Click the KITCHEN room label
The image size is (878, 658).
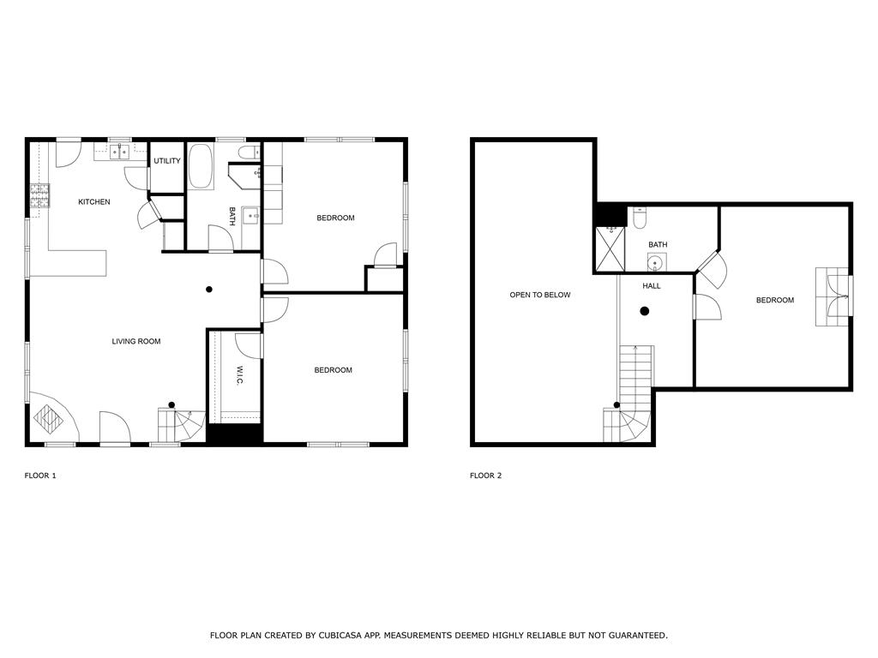pyautogui.click(x=94, y=202)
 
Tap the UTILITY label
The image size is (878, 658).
pyautogui.click(x=167, y=161)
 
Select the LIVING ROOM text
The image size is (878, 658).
pyautogui.click(x=136, y=341)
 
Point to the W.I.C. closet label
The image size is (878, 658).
pyautogui.click(x=239, y=375)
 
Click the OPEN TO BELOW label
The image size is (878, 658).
pyautogui.click(x=540, y=295)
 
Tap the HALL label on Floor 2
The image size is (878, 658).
pyautogui.click(x=652, y=286)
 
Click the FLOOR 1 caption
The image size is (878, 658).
pyautogui.click(x=40, y=476)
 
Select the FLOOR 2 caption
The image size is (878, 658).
pyautogui.click(x=485, y=476)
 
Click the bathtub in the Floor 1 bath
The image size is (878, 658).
pyautogui.click(x=201, y=167)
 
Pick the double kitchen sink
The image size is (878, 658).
pyautogui.click(x=119, y=151)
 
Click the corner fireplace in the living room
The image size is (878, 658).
pyautogui.click(x=51, y=417)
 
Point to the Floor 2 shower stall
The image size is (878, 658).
pyautogui.click(x=610, y=249)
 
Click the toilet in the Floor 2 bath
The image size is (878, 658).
pyautogui.click(x=640, y=218)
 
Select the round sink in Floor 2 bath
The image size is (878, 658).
pyautogui.click(x=656, y=262)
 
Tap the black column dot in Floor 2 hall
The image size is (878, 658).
pyautogui.click(x=645, y=311)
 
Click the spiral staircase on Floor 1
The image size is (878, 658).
pyautogui.click(x=181, y=425)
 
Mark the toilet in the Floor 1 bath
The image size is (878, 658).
pyautogui.click(x=250, y=152)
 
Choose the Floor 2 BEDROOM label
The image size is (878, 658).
pyautogui.click(x=775, y=301)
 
